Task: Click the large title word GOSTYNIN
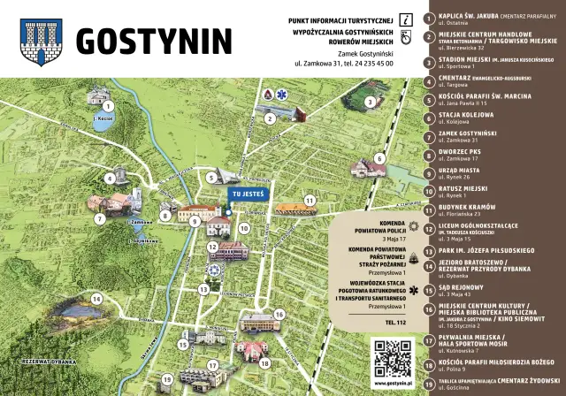(154, 40)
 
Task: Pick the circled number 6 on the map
(379, 159)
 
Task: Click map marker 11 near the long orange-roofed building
(309, 201)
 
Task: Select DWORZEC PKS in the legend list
(463, 151)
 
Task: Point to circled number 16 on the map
(279, 313)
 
